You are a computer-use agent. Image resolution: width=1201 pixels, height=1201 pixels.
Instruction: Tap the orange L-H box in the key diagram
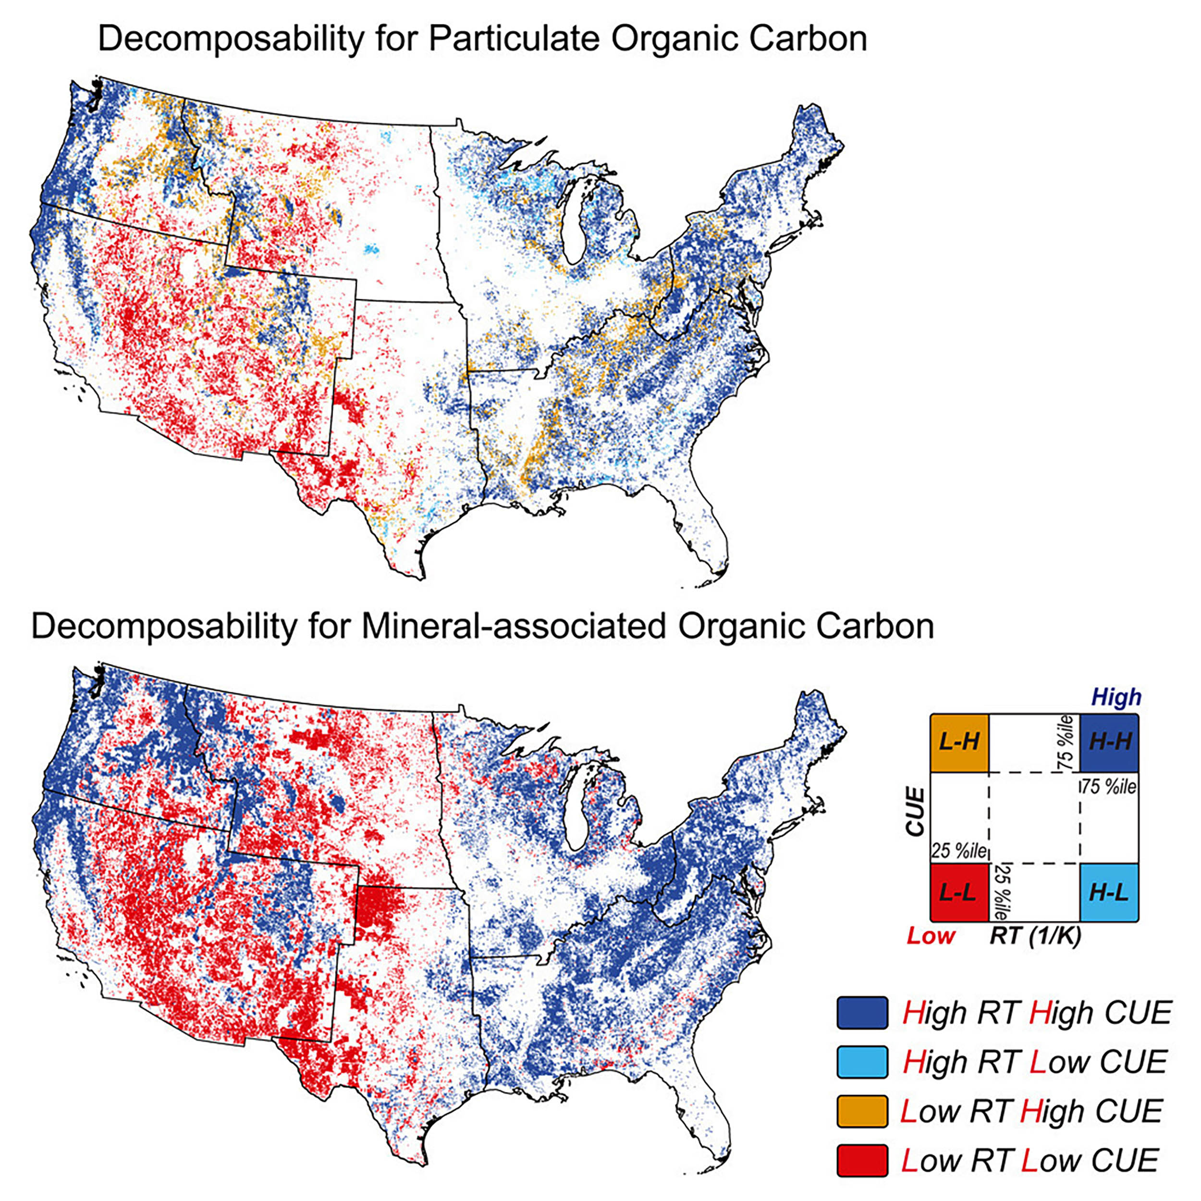tap(959, 742)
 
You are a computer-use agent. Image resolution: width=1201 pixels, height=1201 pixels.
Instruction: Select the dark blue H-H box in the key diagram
tap(1110, 742)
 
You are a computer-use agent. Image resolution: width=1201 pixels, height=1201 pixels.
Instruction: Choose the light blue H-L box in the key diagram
tap(1110, 893)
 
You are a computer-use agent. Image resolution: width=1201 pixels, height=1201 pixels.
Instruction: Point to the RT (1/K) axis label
tap(1036, 935)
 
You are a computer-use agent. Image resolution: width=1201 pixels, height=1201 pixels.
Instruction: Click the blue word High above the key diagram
tap(1116, 698)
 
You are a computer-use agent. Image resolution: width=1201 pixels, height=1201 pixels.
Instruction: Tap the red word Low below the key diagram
tap(931, 935)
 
